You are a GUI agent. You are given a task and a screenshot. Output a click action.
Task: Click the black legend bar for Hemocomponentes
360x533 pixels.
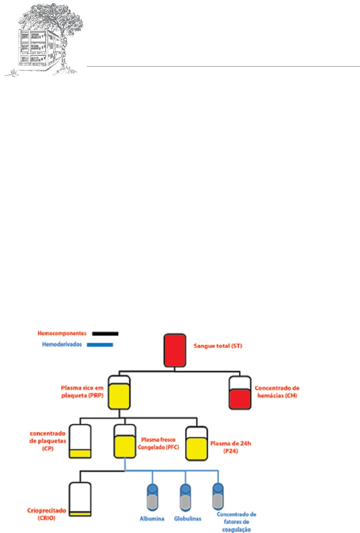[x=105, y=333]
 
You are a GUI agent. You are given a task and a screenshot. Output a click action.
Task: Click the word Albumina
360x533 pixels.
[x=149, y=519]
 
